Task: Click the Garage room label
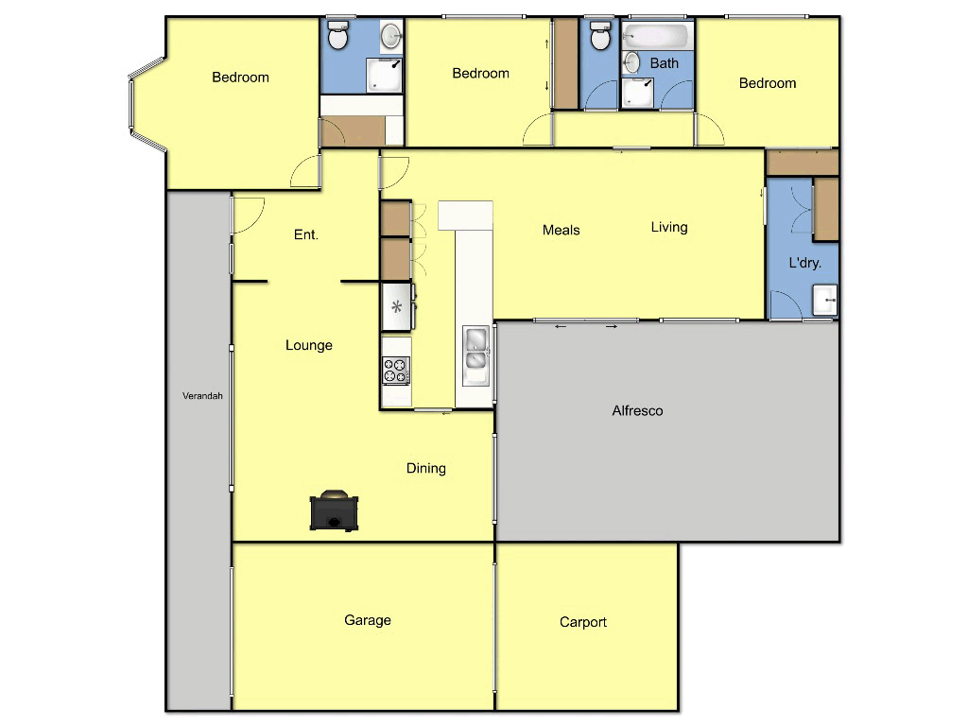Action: (367, 620)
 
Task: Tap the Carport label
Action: (582, 622)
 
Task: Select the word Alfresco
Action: (637, 411)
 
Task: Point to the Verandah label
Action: (202, 396)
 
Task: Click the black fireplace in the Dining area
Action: (334, 511)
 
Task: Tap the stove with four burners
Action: (396, 370)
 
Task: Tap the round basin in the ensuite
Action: (392, 37)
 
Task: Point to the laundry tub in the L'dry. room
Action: (824, 301)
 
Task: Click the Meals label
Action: (562, 230)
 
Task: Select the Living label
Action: (669, 227)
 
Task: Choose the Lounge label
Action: (309, 345)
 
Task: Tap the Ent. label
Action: (305, 234)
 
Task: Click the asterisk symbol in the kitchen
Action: (397, 306)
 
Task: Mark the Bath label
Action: (665, 63)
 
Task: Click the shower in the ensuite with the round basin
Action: (384, 77)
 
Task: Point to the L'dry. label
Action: (805, 263)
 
